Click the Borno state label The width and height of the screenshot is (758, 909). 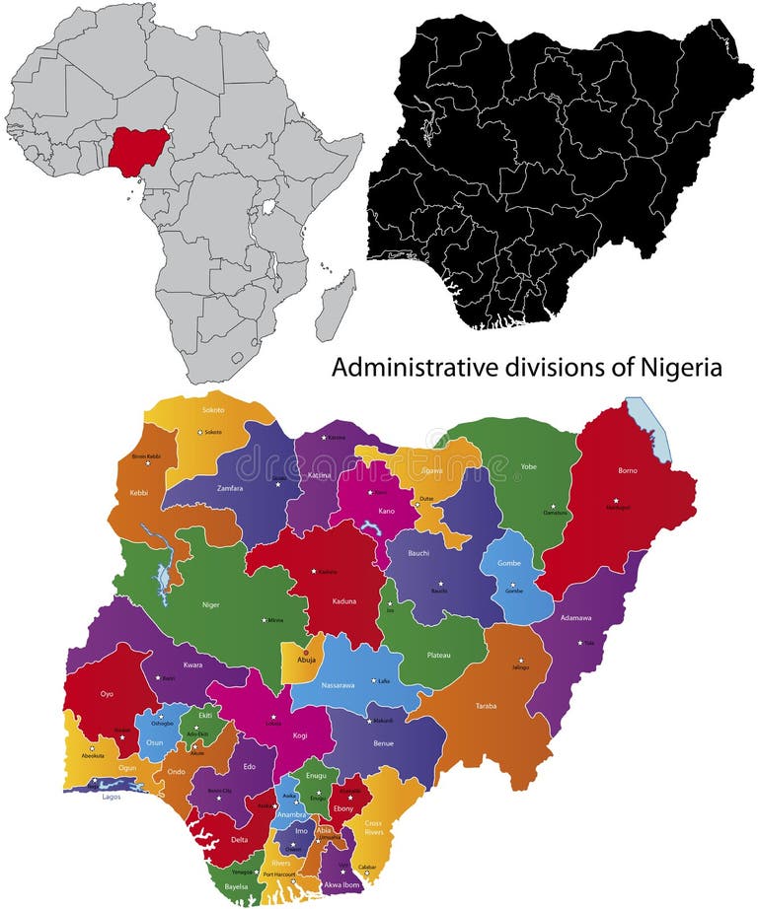[627, 470]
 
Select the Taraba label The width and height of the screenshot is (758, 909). [486, 706]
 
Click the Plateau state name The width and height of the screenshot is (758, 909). [438, 655]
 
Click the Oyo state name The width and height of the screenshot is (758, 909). [107, 694]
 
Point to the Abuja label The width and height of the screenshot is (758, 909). [306, 662]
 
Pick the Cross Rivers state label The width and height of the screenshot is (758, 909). [373, 826]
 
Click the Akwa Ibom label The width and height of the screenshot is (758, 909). [341, 884]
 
